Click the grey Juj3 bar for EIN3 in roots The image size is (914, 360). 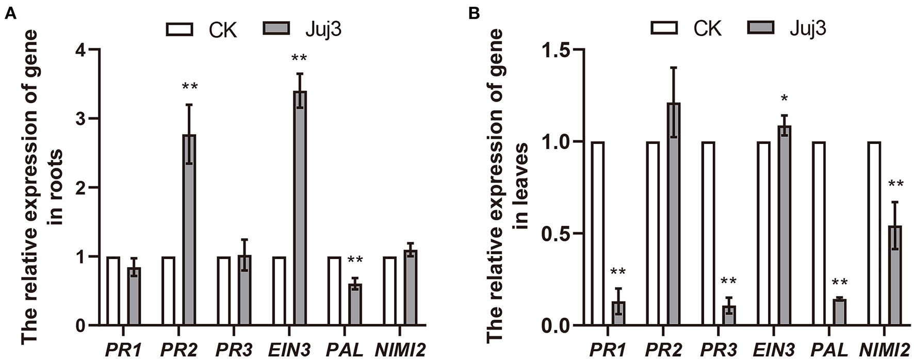300,208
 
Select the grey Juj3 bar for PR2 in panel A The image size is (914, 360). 189,230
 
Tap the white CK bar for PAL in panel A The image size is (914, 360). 334,291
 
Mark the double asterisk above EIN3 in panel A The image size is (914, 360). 299,58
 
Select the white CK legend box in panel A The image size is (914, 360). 179,29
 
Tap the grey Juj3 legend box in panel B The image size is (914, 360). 761,27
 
